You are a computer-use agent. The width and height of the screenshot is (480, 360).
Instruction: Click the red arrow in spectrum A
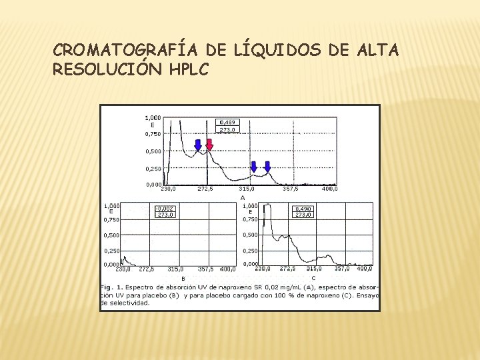pos(209,145)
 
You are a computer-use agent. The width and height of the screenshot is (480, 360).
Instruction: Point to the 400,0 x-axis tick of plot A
pos(329,189)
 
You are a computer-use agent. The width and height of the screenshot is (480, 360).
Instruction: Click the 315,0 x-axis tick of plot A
pos(247,189)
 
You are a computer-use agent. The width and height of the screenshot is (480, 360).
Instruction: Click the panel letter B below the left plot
pos(183,278)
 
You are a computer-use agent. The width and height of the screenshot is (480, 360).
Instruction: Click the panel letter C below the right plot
pos(313,277)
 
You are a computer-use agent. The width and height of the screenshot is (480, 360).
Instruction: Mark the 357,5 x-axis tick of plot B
pos(205,269)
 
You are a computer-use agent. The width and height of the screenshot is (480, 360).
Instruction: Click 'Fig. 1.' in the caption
pos(111,287)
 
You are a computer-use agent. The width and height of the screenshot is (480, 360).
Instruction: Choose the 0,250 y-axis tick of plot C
pos(250,251)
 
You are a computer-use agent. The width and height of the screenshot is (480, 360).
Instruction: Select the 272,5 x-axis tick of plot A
pos(206,189)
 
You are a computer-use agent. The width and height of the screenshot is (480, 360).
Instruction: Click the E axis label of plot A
pos(153,125)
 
